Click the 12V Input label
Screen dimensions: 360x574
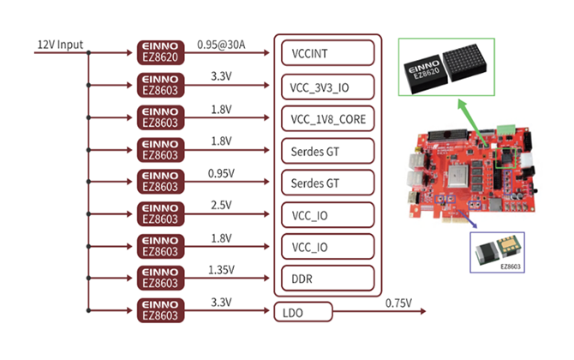tap(59, 43)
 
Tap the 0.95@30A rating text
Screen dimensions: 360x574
tap(222, 43)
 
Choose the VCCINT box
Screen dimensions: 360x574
tap(326, 52)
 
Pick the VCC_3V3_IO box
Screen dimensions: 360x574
tap(326, 85)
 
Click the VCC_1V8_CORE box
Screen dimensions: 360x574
tap(326, 117)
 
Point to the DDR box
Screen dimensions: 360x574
tap(326, 278)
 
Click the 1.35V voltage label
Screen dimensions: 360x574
tap(220, 269)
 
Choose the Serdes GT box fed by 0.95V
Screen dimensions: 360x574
tap(326, 182)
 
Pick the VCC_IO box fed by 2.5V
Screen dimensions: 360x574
tap(326, 213)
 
